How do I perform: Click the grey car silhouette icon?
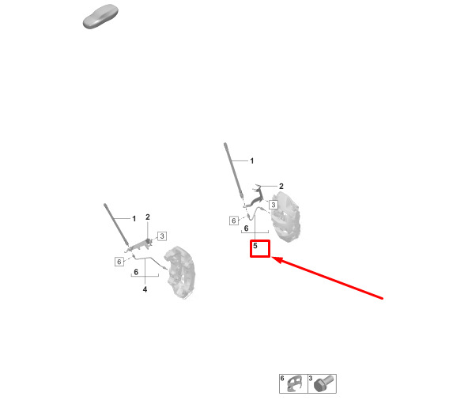click(100, 17)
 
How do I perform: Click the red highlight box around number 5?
click(260, 240)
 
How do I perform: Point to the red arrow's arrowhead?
click(277, 260)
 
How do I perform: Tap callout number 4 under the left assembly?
click(145, 289)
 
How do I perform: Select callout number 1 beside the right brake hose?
click(252, 161)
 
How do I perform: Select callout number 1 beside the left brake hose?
click(134, 219)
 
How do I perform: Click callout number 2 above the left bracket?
click(148, 217)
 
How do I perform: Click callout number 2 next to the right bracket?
click(281, 187)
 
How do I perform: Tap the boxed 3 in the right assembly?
click(273, 205)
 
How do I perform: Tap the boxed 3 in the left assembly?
click(162, 236)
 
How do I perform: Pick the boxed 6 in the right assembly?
click(234, 221)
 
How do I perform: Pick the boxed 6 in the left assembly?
click(119, 262)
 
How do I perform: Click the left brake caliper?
click(181, 272)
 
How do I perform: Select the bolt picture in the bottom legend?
click(323, 383)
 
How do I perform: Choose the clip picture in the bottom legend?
click(294, 383)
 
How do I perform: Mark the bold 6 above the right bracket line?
click(246, 228)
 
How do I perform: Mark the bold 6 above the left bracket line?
click(136, 272)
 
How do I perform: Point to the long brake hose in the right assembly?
click(234, 171)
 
